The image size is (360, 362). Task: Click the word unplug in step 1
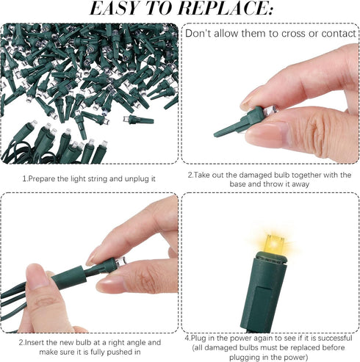click(137, 179)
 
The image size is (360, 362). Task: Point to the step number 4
click(187, 339)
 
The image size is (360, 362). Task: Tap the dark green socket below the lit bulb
click(263, 292)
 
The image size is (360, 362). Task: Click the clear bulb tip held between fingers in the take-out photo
click(271, 110)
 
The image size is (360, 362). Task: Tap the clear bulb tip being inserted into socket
click(121, 261)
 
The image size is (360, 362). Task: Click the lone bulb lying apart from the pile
click(139, 120)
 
